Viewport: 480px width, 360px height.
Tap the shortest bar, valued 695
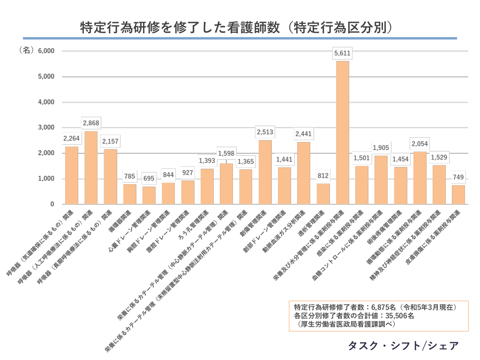[149, 195]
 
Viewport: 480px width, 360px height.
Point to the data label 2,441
[303, 134]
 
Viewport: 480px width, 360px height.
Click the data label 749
[458, 177]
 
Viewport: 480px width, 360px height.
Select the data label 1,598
[226, 153]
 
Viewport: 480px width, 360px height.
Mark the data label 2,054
[420, 144]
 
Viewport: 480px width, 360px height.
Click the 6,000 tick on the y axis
[46, 51]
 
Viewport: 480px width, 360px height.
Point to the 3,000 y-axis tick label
[46, 127]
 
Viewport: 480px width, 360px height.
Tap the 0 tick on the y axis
[52, 204]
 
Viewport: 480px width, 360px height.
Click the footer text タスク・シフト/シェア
[403, 346]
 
